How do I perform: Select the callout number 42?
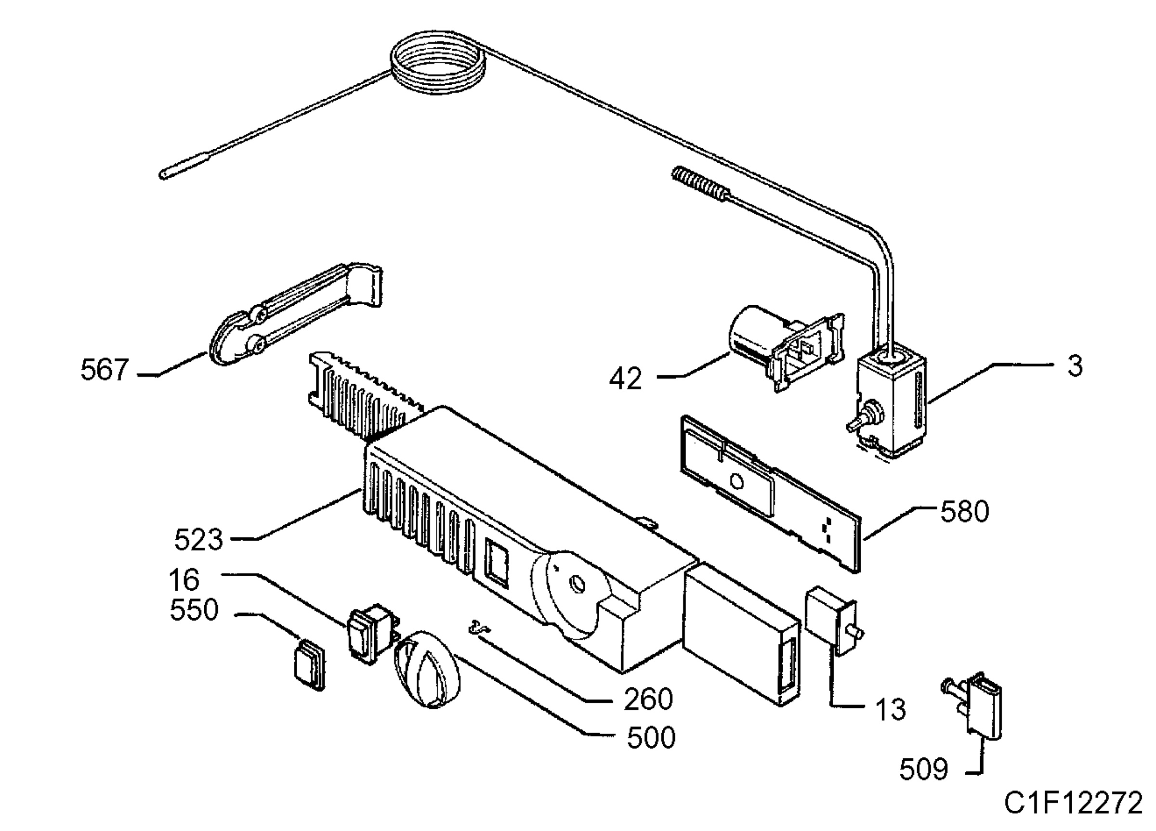[625, 379]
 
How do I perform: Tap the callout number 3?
[1075, 366]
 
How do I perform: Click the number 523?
[198, 540]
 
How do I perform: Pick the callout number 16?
[184, 580]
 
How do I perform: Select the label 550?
[194, 610]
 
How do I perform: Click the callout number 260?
[648, 699]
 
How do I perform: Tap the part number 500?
[651, 738]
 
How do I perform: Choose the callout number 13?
[891, 709]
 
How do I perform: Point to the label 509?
[923, 769]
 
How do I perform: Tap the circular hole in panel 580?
[737, 482]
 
